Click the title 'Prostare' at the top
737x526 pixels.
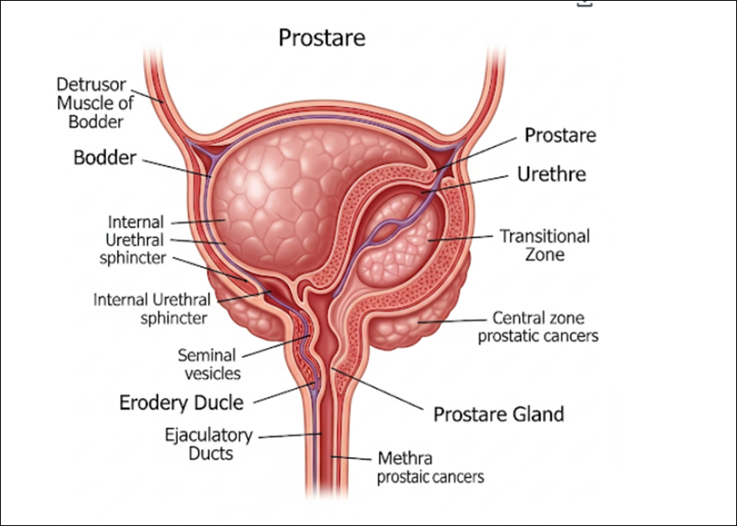(322, 38)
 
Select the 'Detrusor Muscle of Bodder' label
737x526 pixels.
(90, 103)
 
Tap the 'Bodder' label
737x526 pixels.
(105, 157)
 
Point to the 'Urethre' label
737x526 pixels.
(552, 175)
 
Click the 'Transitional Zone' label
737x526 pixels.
(545, 245)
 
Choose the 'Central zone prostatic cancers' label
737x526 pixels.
(538, 327)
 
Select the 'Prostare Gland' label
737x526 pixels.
(498, 414)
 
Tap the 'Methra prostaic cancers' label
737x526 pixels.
(430, 466)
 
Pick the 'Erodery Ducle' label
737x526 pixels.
(181, 402)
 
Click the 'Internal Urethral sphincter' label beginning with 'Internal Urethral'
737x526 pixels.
(152, 308)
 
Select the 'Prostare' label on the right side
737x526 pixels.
(560, 135)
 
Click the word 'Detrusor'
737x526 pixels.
(90, 84)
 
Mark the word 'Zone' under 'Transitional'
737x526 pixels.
(545, 255)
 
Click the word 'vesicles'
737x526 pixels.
(212, 373)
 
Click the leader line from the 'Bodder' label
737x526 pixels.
(176, 166)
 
